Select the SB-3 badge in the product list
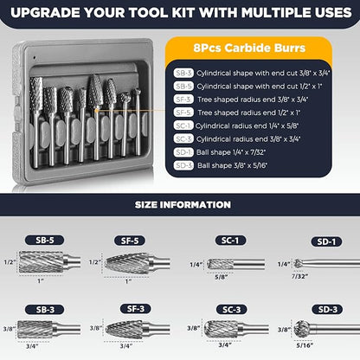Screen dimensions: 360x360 [183, 74]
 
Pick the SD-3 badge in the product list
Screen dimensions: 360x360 [183, 164]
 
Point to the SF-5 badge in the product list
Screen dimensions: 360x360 [183, 112]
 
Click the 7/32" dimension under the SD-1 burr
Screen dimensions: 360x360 [299, 277]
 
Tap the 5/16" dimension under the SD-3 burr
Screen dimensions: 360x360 [304, 344]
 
